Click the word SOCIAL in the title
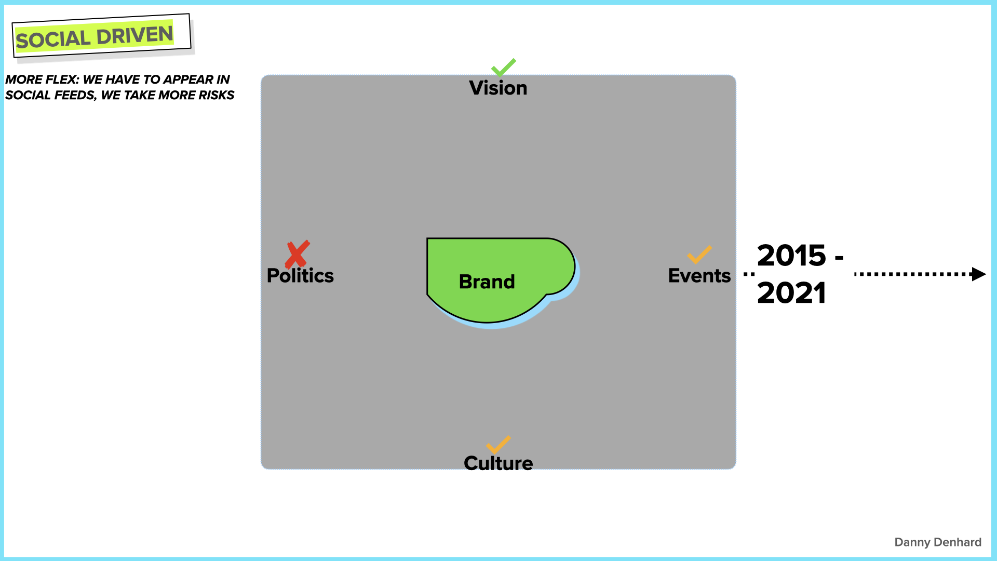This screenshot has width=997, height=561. (x=53, y=39)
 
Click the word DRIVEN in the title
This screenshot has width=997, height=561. (x=134, y=35)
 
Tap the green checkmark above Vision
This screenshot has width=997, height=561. (x=503, y=67)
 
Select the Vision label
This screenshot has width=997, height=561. (x=498, y=88)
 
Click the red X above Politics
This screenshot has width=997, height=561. (x=297, y=254)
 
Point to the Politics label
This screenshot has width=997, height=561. (x=300, y=276)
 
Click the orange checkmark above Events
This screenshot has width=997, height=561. (x=699, y=255)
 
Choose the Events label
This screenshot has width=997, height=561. (x=699, y=276)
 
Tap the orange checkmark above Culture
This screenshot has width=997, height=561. (x=498, y=445)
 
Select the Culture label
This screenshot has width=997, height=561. (x=498, y=463)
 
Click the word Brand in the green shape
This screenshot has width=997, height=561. (x=487, y=282)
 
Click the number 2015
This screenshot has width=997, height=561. (x=791, y=256)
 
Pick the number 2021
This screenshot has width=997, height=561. (x=791, y=293)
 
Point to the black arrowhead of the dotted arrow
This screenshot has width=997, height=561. (x=978, y=274)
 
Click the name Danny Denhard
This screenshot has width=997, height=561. (x=937, y=542)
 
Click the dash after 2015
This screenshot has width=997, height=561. (x=839, y=257)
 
